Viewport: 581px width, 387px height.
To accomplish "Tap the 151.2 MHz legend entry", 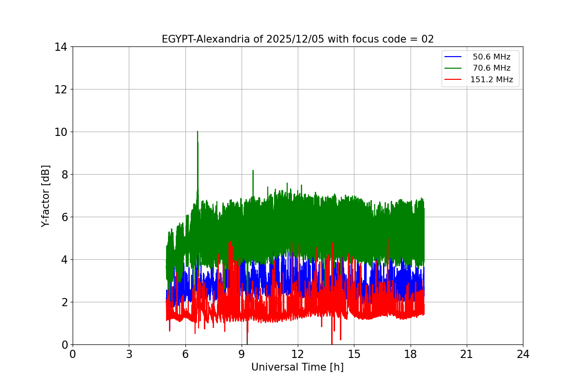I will [x=491, y=80].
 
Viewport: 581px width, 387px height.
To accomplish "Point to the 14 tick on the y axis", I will [x=61, y=47].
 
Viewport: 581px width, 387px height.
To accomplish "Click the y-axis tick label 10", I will [x=61, y=132].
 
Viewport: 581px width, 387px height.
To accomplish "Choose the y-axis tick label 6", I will [x=63, y=217].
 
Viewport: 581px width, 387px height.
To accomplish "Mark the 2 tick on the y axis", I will [x=63, y=302].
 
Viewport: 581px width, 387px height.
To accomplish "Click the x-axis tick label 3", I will [x=129, y=354].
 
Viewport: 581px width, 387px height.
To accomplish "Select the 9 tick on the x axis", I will [x=242, y=354].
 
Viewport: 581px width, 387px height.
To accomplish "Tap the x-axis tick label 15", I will [x=354, y=354].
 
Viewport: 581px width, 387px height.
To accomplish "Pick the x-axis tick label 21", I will [x=467, y=354].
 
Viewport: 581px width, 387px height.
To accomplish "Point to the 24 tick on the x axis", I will [x=523, y=354].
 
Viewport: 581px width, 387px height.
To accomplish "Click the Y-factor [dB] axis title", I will [x=46, y=195].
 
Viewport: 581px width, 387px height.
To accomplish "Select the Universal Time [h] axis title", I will [x=297, y=367].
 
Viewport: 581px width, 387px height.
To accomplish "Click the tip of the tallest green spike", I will [x=198, y=131].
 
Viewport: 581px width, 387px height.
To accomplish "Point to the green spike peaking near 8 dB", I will [x=253, y=170].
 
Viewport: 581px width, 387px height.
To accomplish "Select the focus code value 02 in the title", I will [x=428, y=39].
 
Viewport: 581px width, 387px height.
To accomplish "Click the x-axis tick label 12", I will [x=298, y=354].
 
